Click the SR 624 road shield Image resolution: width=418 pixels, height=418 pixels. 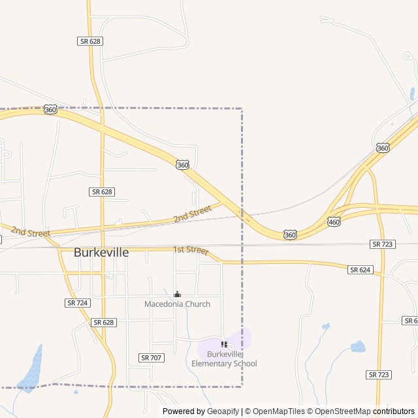click(x=360, y=270)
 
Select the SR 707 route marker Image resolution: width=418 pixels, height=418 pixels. click(x=151, y=358)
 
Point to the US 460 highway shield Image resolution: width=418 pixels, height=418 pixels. click(x=334, y=222)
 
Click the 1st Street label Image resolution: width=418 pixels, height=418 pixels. click(x=190, y=250)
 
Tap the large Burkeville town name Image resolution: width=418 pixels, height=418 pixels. click(x=101, y=252)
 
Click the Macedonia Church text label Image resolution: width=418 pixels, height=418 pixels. click(x=177, y=304)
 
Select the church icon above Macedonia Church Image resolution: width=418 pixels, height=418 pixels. click(x=177, y=295)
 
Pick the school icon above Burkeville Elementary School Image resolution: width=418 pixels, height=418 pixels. click(x=224, y=344)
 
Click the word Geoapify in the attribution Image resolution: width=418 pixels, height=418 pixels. click(x=223, y=411)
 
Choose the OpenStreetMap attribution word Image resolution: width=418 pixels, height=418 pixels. click(x=340, y=411)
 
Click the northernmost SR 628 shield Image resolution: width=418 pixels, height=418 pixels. click(x=90, y=41)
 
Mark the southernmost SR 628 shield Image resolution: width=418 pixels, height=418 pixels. click(x=103, y=323)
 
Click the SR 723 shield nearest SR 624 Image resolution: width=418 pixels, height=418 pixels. click(x=382, y=244)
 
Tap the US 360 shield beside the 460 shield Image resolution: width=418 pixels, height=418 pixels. click(x=290, y=234)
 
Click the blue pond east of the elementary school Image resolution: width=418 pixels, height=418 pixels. click(x=358, y=346)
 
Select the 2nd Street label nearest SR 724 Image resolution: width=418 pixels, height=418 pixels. click(x=30, y=233)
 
